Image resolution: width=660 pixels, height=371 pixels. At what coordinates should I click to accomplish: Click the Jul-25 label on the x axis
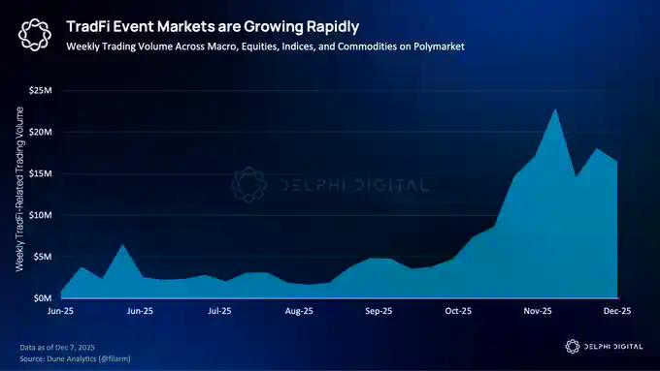click(x=219, y=312)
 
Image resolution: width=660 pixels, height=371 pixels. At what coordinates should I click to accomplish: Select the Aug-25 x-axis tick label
click(x=299, y=312)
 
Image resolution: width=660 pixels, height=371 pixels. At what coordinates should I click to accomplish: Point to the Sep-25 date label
click(x=379, y=312)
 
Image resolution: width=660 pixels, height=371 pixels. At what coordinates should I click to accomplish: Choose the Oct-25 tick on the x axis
click(x=458, y=312)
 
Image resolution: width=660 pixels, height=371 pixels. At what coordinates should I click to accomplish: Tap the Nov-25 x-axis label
click(x=538, y=312)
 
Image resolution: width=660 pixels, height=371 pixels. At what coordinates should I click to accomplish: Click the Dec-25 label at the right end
click(x=617, y=312)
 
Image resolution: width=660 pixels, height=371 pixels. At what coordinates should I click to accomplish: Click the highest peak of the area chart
click(x=554, y=109)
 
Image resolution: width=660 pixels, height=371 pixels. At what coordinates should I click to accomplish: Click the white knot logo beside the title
click(x=35, y=36)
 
